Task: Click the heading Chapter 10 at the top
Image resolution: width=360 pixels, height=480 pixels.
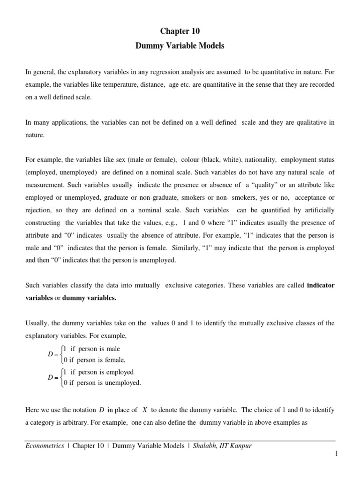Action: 180,31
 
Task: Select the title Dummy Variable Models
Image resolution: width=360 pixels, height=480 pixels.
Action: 180,47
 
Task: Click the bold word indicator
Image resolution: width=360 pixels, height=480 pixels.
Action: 320,285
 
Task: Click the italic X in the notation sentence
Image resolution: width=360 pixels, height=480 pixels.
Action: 145,410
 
